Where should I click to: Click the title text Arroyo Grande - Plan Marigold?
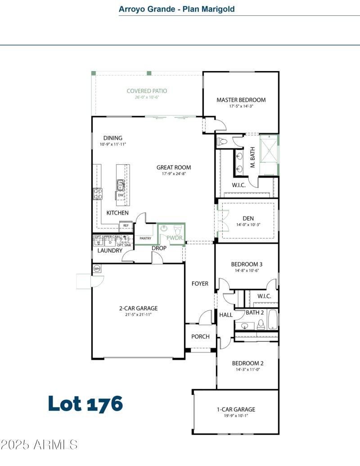[x=176, y=9]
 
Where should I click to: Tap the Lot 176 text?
[x=85, y=403]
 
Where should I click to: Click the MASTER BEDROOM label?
[x=241, y=100]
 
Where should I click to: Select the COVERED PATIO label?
[x=147, y=91]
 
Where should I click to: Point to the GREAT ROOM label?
[x=174, y=167]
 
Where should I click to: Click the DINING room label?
[x=112, y=138]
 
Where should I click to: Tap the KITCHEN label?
[x=117, y=213]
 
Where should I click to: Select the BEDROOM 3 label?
[x=246, y=264]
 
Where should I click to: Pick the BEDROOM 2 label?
[x=247, y=363]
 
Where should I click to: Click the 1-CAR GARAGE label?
[x=236, y=409]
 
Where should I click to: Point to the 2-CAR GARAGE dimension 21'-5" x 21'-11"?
[x=138, y=314]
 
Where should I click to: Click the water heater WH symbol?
[x=97, y=269]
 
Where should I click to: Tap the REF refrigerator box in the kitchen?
[x=126, y=226]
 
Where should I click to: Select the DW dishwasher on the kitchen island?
[x=121, y=196]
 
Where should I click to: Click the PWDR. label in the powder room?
[x=174, y=237]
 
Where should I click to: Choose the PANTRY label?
[x=145, y=238]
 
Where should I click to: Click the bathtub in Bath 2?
[x=273, y=319]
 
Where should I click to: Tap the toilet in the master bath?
[x=222, y=142]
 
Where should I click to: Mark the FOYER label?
[x=200, y=284]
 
